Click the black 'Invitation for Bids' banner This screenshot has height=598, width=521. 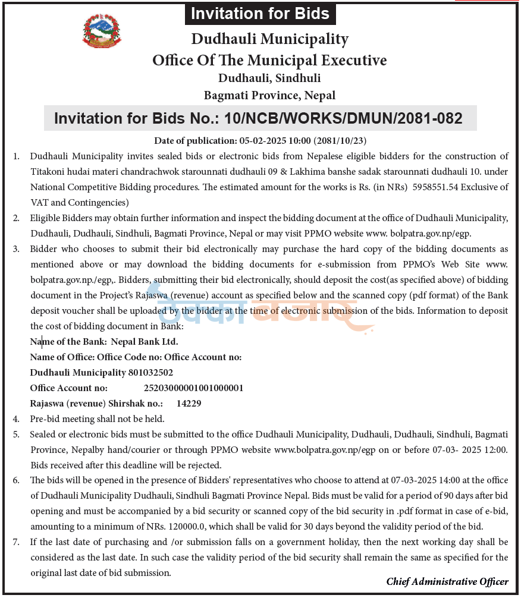(260, 14)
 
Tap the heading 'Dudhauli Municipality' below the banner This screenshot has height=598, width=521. (269, 39)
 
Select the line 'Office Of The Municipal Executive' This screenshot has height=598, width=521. (269, 60)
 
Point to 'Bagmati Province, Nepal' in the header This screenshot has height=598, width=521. (269, 95)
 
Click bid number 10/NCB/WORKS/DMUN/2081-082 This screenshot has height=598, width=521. (343, 118)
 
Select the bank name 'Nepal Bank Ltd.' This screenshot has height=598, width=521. (145, 341)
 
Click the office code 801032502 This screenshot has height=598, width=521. (150, 372)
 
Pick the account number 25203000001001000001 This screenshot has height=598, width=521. (194, 388)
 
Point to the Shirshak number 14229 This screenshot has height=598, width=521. (189, 403)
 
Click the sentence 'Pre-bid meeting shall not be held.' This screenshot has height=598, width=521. (97, 418)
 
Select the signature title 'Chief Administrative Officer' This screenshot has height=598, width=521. (447, 581)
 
